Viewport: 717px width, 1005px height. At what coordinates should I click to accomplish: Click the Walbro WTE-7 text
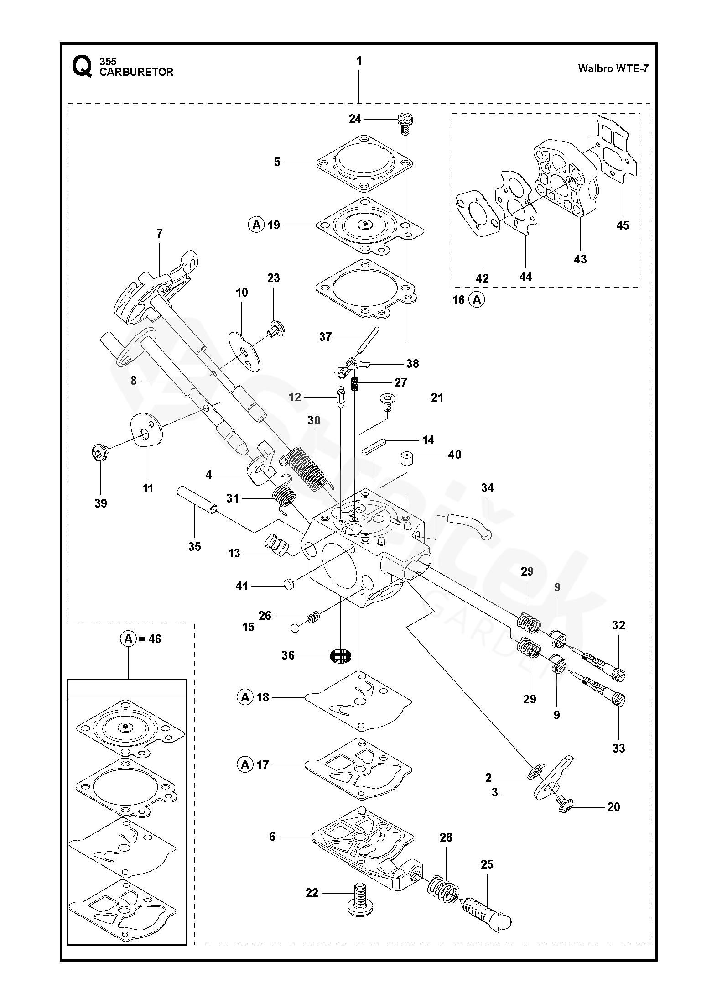613,68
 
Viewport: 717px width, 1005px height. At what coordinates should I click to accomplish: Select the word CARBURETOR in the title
136,72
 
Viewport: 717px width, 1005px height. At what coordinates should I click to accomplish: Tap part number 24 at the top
355,119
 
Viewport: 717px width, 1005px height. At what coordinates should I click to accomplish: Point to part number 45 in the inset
622,225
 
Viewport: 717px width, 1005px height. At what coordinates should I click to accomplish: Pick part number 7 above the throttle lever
159,234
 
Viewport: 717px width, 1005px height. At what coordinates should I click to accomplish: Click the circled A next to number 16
477,300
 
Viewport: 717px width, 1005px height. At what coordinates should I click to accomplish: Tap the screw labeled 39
100,453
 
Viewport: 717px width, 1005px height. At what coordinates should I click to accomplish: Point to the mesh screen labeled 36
341,655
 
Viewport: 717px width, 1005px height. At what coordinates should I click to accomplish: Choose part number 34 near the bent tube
487,488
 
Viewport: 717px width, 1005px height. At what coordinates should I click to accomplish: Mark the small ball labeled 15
295,628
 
